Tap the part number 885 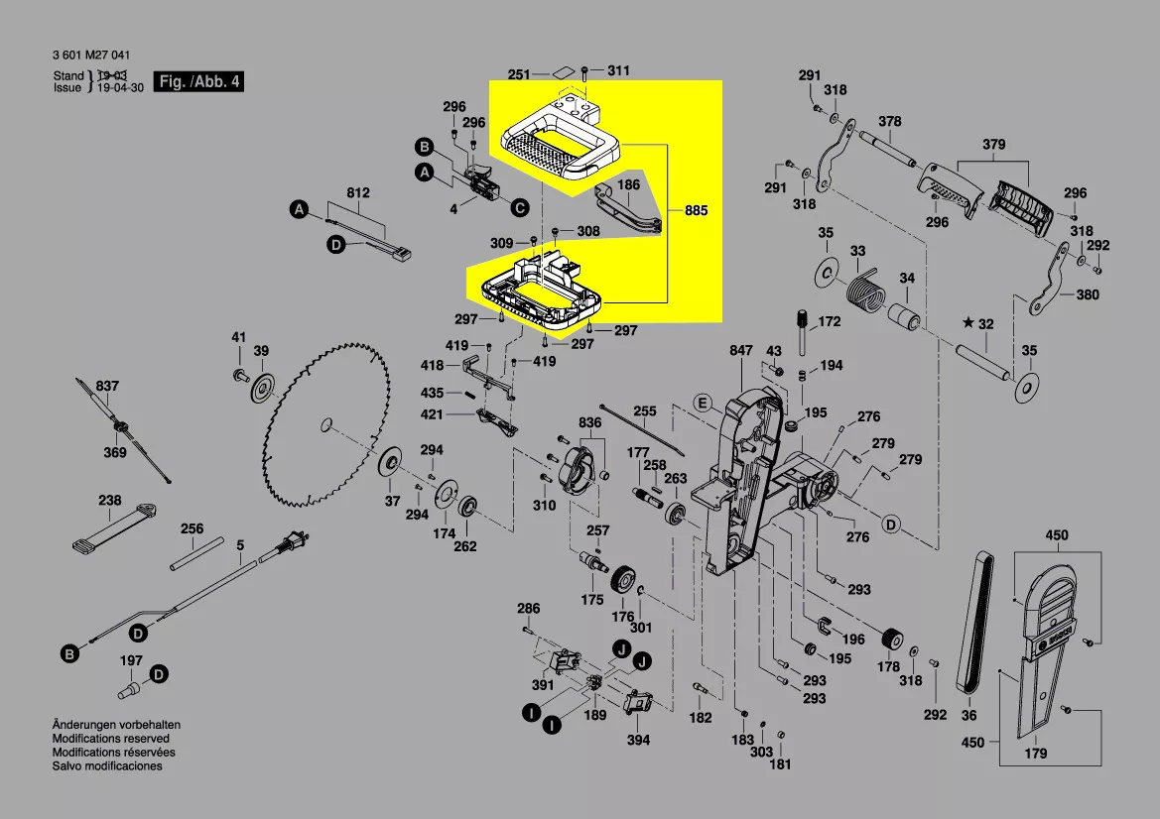point(696,211)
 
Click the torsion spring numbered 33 point(864,292)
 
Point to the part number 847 point(741,351)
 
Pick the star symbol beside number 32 point(968,323)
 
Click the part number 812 point(358,192)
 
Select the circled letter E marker point(702,403)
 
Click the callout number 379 point(994,145)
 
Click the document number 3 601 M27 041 point(90,56)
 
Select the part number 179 point(1035,753)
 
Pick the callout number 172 point(829,322)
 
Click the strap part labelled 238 point(113,526)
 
